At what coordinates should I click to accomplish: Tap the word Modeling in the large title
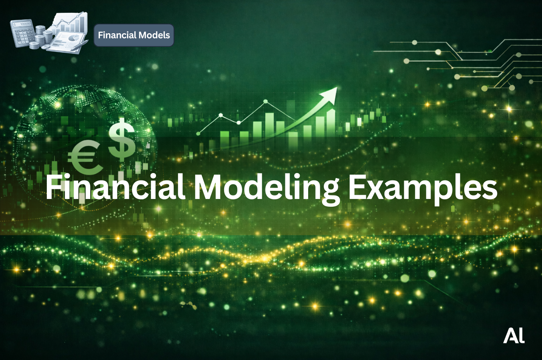266,187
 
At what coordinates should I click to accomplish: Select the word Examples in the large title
422,187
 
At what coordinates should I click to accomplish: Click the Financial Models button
134,35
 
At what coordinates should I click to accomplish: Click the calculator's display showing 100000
22,24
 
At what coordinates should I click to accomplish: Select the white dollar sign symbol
122,139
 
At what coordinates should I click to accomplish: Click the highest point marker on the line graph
266,101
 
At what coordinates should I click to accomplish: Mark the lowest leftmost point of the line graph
199,133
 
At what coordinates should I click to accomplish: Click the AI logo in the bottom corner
514,336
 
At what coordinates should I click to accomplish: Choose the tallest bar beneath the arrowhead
331,122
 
